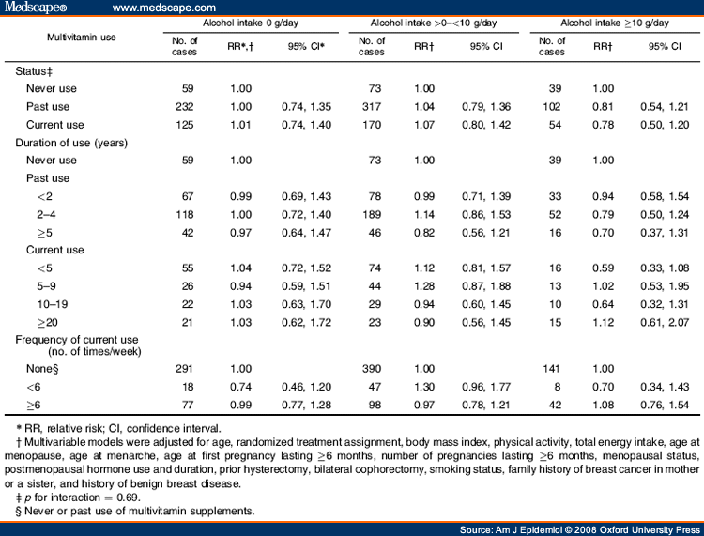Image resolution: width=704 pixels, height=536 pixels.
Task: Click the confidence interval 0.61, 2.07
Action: [662, 322]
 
